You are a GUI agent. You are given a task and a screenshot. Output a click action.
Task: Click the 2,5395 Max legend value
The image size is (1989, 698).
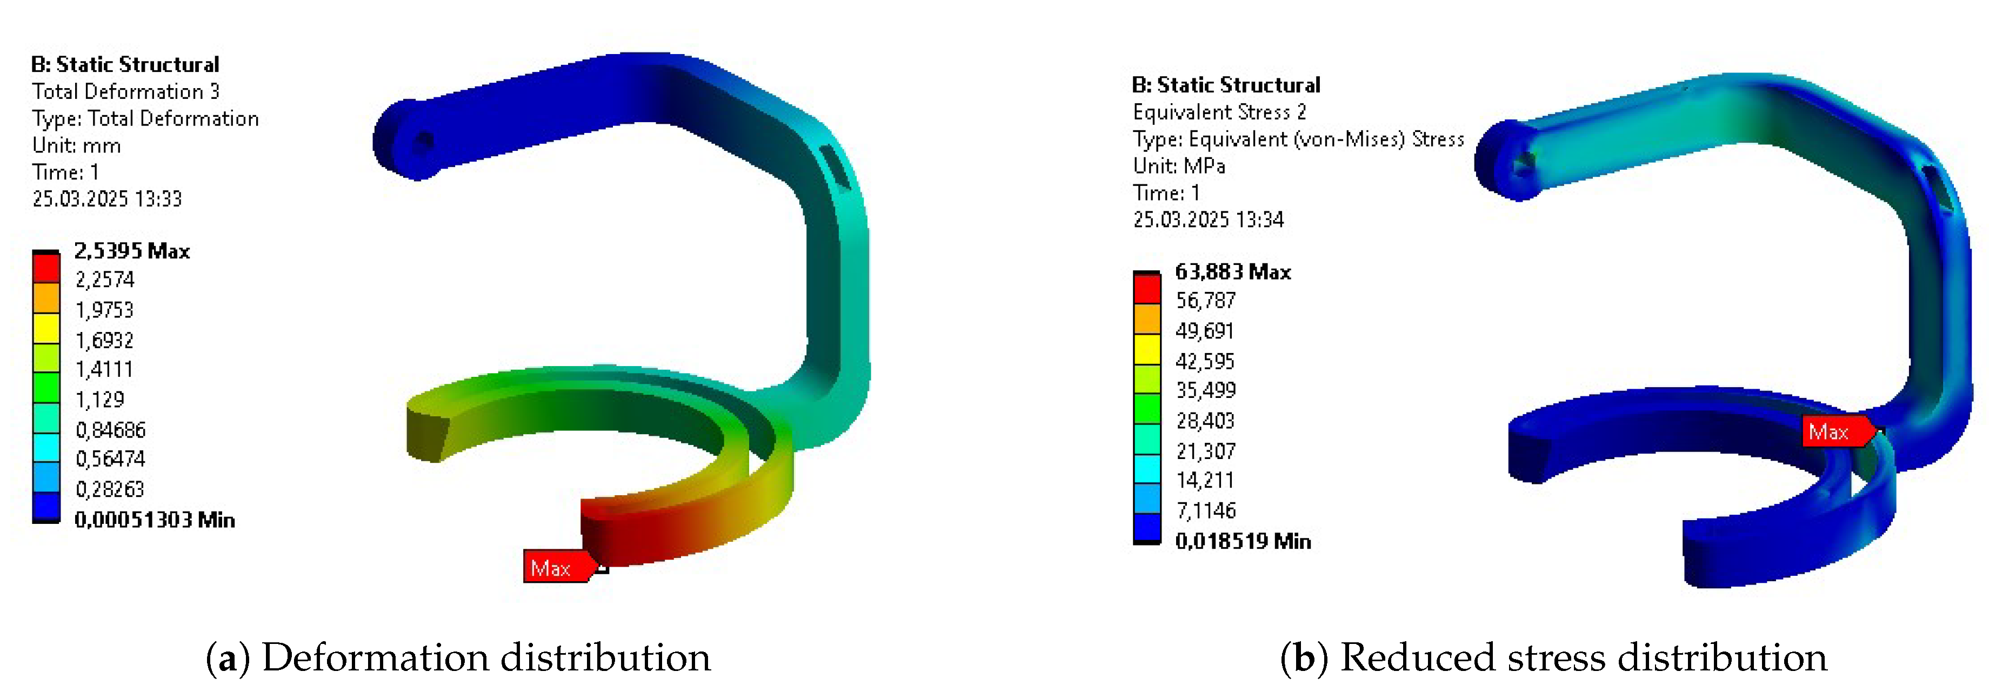[131, 251]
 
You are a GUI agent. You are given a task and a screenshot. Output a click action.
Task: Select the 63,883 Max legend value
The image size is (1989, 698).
[1232, 272]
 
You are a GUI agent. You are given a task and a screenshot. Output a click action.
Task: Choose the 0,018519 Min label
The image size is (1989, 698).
[1243, 541]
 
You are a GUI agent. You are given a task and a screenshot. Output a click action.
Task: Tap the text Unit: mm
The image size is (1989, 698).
[76, 145]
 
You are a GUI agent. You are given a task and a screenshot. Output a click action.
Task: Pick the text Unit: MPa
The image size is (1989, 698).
[1178, 166]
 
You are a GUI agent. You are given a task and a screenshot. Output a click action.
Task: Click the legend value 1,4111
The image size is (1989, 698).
[104, 370]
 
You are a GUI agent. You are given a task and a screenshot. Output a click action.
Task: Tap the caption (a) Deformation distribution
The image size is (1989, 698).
[458, 658]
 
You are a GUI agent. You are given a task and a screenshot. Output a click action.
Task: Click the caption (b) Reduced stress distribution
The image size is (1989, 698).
[1553, 658]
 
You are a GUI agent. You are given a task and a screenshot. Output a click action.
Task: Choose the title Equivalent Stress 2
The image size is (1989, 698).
[1219, 112]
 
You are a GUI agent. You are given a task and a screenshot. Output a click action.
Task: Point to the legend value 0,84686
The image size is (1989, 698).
[110, 430]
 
